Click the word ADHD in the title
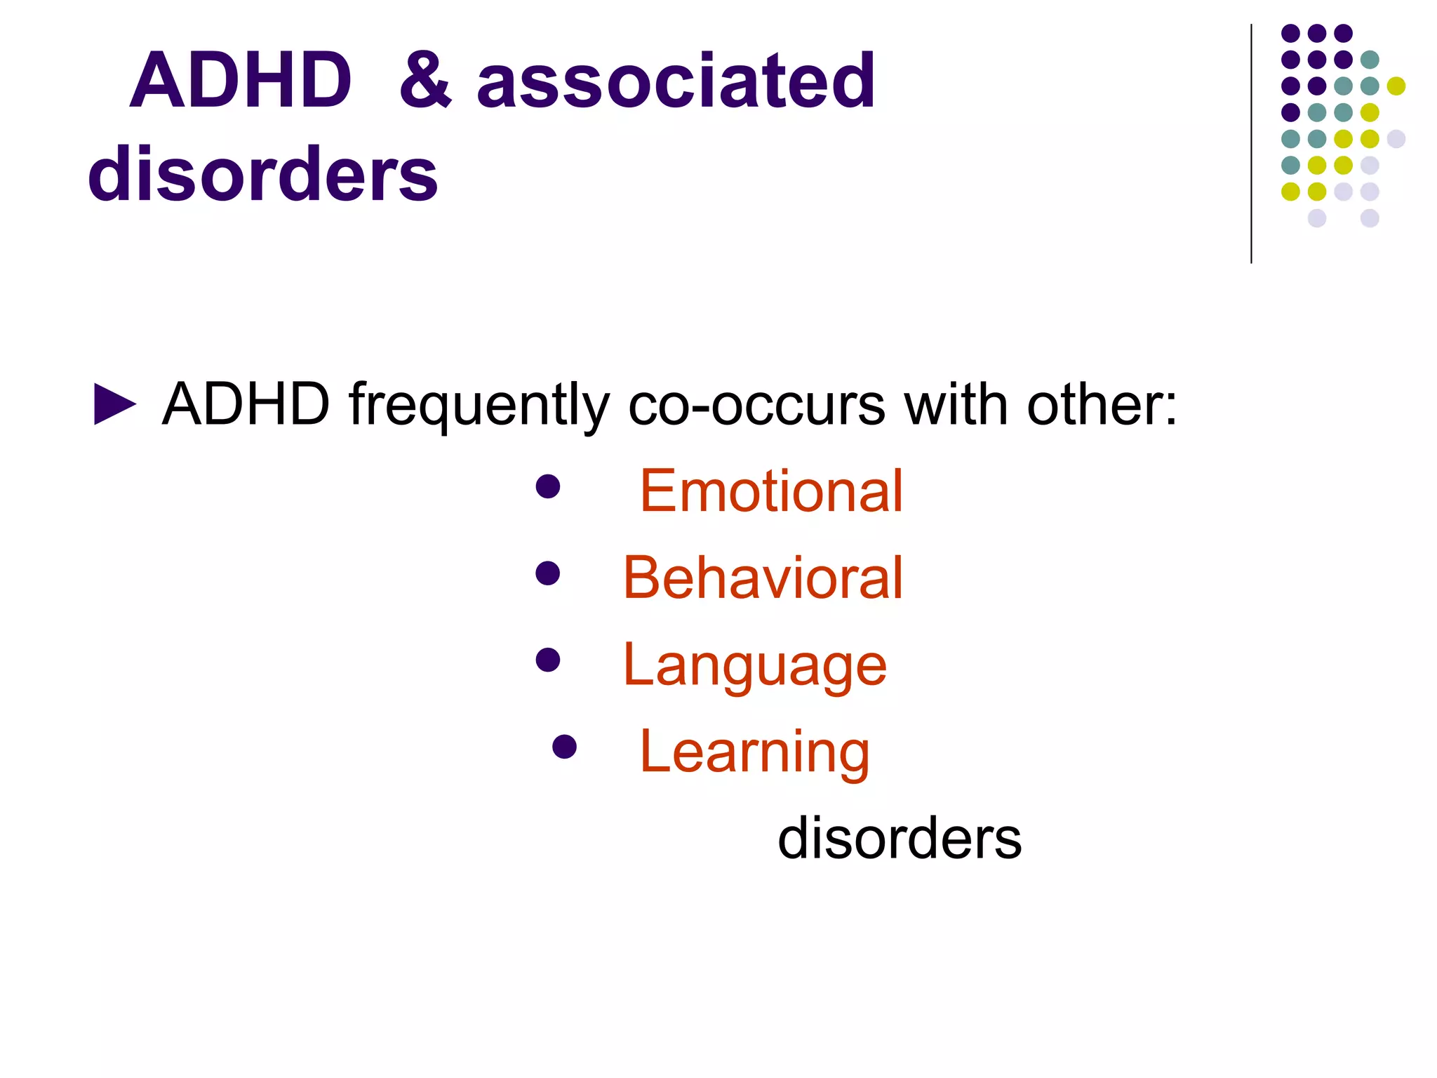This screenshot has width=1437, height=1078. (x=241, y=81)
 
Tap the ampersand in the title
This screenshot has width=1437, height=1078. (x=426, y=81)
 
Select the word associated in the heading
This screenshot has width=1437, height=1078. (x=676, y=81)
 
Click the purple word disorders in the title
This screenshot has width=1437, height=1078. (x=262, y=173)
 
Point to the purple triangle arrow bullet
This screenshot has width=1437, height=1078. (x=114, y=405)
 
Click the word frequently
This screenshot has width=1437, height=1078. (x=479, y=405)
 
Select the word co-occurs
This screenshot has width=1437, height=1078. (x=756, y=405)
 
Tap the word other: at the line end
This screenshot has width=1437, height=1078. (x=1102, y=405)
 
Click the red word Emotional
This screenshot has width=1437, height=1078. (x=771, y=491)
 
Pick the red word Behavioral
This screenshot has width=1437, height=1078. (x=763, y=578)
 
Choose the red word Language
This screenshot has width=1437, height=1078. (x=755, y=665)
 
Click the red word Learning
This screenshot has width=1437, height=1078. (x=755, y=752)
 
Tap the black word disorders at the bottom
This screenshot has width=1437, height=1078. (x=900, y=838)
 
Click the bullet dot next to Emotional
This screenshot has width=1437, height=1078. (x=547, y=486)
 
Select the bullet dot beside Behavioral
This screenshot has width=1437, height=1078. (x=547, y=573)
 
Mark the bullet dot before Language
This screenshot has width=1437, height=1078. (x=547, y=660)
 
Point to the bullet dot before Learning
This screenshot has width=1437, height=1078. (x=564, y=747)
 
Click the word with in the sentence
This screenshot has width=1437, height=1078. (x=956, y=405)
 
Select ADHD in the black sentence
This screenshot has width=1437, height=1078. (x=246, y=405)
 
